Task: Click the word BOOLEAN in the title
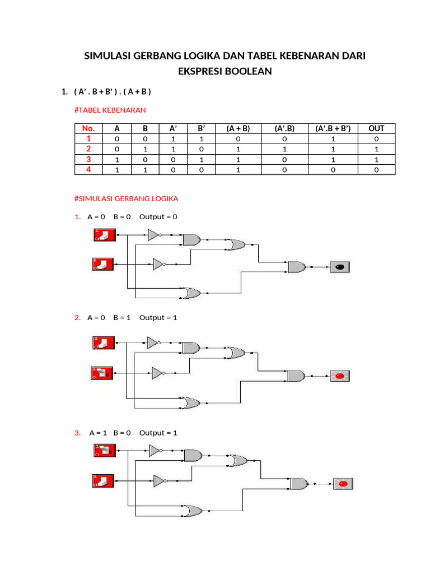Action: point(246,71)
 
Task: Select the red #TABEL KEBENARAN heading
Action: point(110,110)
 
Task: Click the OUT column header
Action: point(376,128)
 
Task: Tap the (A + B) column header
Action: point(238,128)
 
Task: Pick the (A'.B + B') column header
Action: point(333,128)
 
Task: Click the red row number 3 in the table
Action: point(88,159)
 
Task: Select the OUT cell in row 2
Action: point(376,149)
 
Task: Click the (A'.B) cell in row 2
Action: point(284,149)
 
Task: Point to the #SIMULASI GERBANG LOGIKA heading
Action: point(126,198)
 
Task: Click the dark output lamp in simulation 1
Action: point(339,267)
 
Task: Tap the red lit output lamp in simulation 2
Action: point(339,376)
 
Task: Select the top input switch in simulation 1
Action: point(104,235)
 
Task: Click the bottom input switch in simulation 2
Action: point(102,372)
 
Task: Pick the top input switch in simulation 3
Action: point(104,450)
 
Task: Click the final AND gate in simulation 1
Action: point(296,267)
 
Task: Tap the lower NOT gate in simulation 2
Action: point(157,373)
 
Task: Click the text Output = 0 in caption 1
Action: point(158,217)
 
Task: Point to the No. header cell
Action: point(88,128)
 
